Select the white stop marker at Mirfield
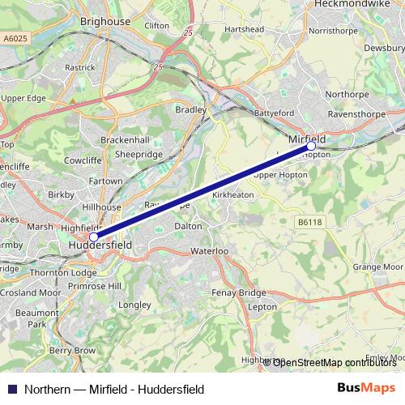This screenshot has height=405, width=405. click(311, 146)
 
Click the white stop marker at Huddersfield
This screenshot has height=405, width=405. click(94, 237)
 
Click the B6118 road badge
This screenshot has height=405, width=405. click(309, 220)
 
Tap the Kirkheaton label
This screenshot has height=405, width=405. click(232, 195)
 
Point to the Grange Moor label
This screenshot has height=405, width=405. click(377, 266)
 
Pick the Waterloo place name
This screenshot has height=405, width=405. click(209, 252)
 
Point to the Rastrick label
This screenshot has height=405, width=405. click(80, 67)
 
